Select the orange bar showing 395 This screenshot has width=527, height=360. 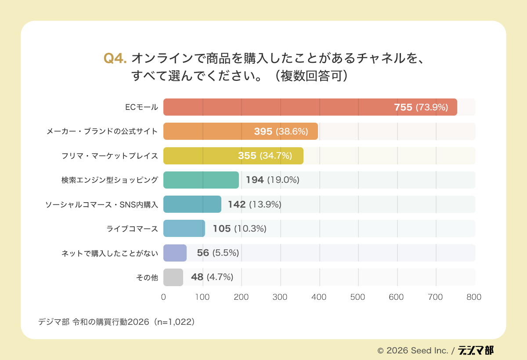click(240, 131)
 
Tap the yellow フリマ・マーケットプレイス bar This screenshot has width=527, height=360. click(233, 156)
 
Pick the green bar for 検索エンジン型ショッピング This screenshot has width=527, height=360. click(201, 180)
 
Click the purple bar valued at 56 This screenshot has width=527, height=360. click(175, 253)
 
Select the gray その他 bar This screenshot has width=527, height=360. click(173, 277)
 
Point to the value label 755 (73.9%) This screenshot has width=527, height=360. click(421, 107)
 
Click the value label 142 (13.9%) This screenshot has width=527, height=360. click(254, 204)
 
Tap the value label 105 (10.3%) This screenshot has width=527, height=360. click(239, 229)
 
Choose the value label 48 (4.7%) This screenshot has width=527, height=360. click(212, 277)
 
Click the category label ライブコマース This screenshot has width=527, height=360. click(132, 229)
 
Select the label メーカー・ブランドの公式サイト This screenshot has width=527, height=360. click(102, 131)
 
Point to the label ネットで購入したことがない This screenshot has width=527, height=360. click(109, 253)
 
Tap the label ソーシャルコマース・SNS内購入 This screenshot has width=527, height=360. click(101, 204)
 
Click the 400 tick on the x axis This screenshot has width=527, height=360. click(319, 297)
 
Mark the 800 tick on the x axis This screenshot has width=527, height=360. click(474, 297)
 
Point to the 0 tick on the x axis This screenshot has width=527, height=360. click(163, 297)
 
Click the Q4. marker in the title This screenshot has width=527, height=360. click(115, 58)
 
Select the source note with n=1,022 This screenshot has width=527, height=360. click(116, 322)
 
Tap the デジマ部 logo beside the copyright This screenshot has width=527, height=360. click(476, 350)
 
